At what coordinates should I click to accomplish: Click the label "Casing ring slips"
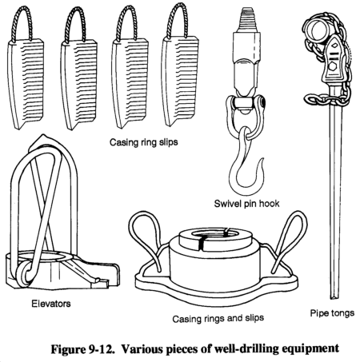tap(144, 142)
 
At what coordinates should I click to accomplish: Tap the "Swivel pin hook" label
tap(246, 204)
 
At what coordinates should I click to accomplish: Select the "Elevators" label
tap(51, 304)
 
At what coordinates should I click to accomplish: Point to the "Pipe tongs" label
tap(332, 313)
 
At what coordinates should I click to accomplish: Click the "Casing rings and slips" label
tap(218, 318)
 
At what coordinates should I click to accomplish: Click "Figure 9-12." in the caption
tap(83, 348)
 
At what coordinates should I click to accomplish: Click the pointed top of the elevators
tap(42, 137)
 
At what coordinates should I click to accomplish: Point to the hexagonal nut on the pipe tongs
tap(332, 66)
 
